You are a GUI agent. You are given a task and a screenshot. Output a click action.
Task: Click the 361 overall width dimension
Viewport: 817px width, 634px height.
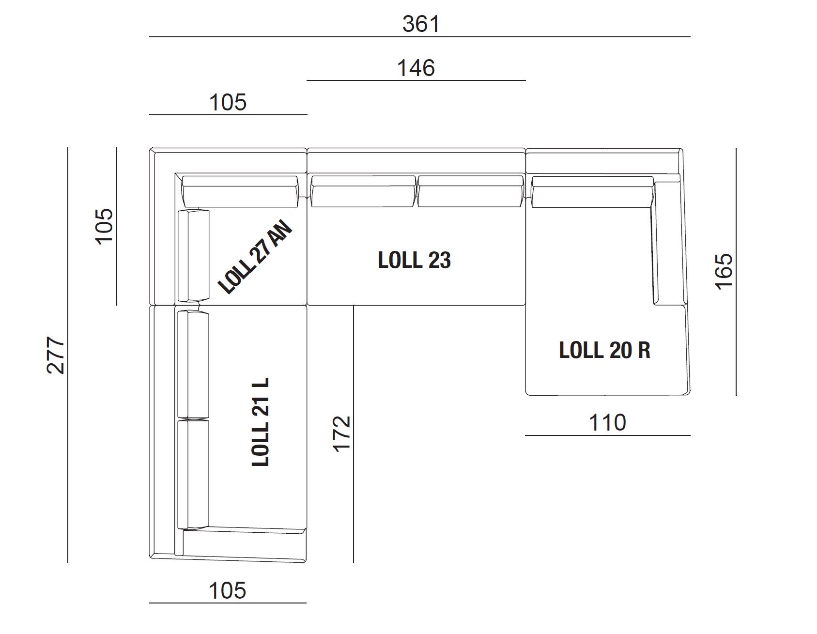pyautogui.click(x=421, y=24)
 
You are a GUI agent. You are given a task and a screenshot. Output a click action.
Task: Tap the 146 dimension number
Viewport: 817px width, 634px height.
pyautogui.click(x=416, y=68)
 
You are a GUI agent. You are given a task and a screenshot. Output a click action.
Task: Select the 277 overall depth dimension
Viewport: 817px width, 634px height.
pyautogui.click(x=56, y=355)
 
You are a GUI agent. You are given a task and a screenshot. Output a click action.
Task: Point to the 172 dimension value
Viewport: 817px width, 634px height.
pyautogui.click(x=341, y=433)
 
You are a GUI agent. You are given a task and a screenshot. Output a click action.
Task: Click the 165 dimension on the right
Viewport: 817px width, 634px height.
pyautogui.click(x=725, y=271)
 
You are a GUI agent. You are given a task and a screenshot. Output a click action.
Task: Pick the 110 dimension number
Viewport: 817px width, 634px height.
pyautogui.click(x=607, y=422)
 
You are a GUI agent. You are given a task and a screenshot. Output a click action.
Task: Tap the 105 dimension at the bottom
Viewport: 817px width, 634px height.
pyautogui.click(x=228, y=590)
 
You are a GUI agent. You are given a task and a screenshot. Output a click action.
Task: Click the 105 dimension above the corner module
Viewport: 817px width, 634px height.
pyautogui.click(x=228, y=102)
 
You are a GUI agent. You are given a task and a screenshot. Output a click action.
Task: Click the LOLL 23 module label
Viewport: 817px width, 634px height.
pyautogui.click(x=415, y=261)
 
